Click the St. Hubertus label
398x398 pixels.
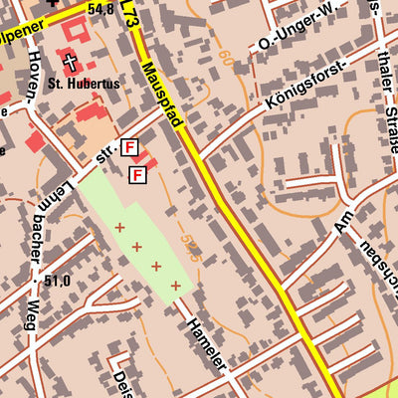coord(84,85)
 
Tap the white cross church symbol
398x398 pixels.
coord(71,62)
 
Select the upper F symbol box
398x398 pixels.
coord(128,148)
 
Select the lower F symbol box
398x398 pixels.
coord(137,175)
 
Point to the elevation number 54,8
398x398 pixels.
coord(100,9)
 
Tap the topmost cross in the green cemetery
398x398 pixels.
coord(119,228)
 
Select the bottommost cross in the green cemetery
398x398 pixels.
coord(176,286)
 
